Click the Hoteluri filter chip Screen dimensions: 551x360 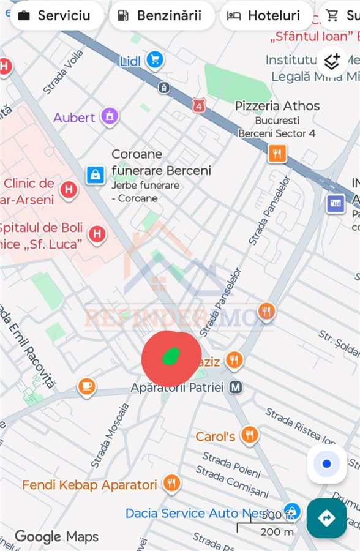(264, 15)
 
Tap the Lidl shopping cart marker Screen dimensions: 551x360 (155, 59)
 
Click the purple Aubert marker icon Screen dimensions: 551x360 (110, 116)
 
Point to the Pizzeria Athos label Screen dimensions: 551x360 (277, 106)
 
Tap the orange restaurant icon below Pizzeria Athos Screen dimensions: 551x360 (277, 153)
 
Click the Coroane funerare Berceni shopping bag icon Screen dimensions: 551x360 (95, 175)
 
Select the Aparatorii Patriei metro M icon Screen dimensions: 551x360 (236, 387)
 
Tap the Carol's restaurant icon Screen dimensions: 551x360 (249, 435)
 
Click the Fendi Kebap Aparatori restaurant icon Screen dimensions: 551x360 (172, 484)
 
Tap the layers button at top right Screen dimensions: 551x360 (332, 61)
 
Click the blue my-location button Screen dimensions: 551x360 (326, 463)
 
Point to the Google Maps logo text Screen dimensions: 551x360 (56, 537)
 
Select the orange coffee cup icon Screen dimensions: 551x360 (87, 386)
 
